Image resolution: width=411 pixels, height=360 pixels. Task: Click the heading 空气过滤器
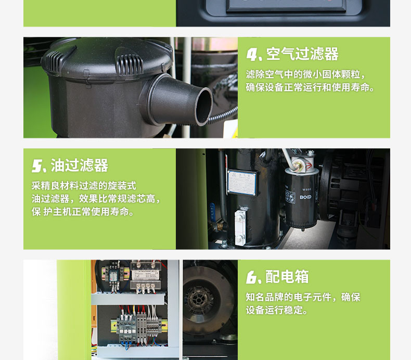[x=302, y=54]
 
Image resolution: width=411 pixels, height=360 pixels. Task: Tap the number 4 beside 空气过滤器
[x=252, y=54]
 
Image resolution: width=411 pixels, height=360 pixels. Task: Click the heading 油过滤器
[x=80, y=165]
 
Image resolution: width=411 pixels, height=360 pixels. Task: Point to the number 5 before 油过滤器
[x=37, y=166]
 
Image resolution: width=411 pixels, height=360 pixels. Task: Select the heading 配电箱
[x=287, y=277]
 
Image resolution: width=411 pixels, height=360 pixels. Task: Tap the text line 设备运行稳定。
[x=277, y=311]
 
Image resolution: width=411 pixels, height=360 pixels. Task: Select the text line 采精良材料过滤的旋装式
[x=84, y=186]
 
